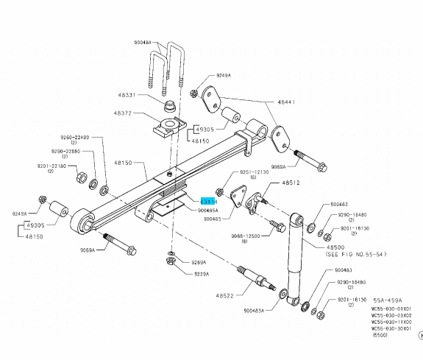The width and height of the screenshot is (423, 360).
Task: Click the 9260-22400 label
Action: (x=74, y=137)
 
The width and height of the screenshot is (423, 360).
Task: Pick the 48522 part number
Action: (x=226, y=295)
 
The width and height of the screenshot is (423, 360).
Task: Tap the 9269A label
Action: (x=199, y=262)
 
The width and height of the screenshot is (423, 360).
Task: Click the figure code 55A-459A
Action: (x=386, y=300)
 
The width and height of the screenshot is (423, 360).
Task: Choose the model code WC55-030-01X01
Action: (x=391, y=308)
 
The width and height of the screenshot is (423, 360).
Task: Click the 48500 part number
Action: (x=335, y=247)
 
